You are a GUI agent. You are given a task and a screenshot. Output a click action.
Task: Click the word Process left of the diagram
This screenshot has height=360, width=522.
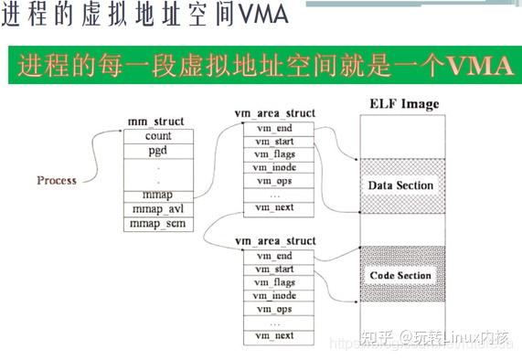tap(57, 180)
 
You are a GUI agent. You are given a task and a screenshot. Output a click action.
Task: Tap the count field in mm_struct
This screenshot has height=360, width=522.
tap(158, 136)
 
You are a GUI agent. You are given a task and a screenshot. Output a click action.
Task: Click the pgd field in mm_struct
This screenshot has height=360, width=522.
tap(158, 150)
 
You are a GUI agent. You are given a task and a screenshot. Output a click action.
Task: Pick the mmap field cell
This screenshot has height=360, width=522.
tap(158, 194)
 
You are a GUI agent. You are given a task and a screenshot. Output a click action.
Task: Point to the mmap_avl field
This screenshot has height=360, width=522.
tap(158, 208)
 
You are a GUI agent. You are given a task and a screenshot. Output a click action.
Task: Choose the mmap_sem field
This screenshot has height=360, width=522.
tap(158, 223)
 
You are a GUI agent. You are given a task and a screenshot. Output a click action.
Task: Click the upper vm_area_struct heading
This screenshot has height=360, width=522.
tap(275, 113)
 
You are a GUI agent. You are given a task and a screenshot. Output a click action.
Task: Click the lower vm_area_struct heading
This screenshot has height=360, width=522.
tap(275, 241)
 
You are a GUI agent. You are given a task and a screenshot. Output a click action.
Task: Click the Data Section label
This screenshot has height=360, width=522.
tap(400, 185)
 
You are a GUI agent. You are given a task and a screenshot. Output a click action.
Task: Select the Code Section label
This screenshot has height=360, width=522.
tap(400, 275)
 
